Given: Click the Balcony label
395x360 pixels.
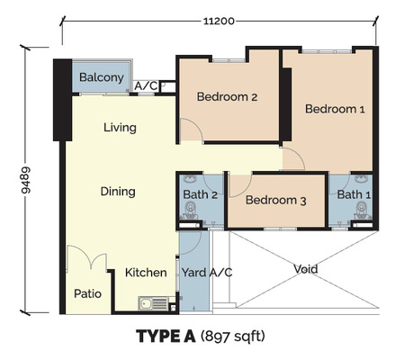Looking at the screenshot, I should (101, 78).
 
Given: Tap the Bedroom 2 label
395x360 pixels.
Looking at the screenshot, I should (228, 97).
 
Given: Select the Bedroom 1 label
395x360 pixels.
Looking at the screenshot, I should (335, 110).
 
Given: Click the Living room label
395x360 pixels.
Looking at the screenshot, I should (120, 128).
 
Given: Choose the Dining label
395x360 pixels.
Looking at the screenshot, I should (118, 192).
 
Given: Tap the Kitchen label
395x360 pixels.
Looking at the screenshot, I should (144, 273).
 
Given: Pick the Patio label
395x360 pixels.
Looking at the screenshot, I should (87, 294).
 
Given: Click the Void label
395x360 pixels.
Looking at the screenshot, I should (306, 269).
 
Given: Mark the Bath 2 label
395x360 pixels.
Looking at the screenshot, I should (202, 194).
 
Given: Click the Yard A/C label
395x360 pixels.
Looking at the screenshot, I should (207, 273).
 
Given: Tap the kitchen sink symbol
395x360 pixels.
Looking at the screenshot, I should (149, 303).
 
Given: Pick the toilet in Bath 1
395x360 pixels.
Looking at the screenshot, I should (362, 211).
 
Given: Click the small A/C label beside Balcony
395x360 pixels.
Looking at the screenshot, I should (144, 86).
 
